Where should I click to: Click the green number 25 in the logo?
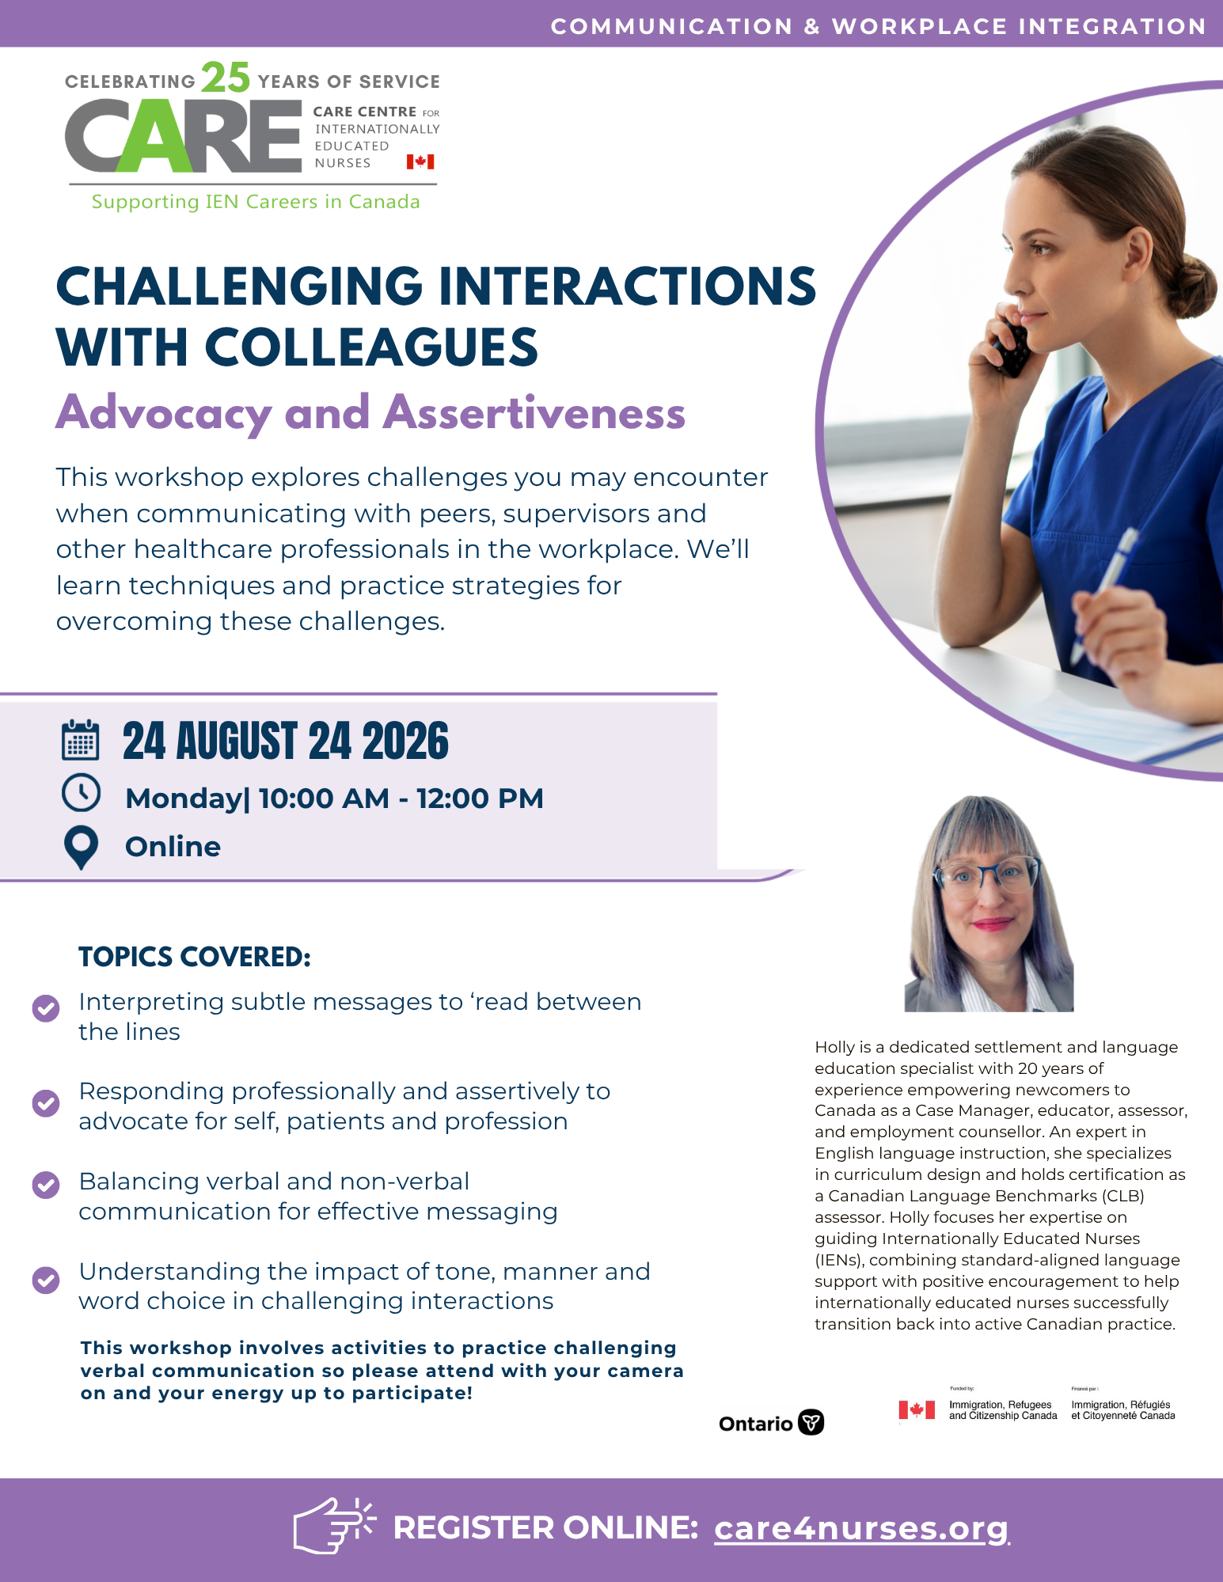coord(226,78)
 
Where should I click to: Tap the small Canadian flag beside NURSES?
coord(420,161)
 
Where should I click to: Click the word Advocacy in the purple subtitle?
coord(164,413)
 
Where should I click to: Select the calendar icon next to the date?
coord(81,740)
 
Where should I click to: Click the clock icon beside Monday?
coord(81,793)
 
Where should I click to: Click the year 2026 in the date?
coord(405,742)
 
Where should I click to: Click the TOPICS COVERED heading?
coord(195,957)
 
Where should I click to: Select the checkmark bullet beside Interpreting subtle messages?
coord(46,1008)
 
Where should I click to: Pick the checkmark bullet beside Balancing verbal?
coord(46,1186)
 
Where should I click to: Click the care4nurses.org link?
coord(862,1528)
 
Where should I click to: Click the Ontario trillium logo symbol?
coord(811,1422)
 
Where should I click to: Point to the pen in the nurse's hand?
coord(1105,594)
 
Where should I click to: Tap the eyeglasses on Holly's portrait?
coord(986,875)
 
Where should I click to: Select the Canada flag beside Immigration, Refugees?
coord(917,1409)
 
